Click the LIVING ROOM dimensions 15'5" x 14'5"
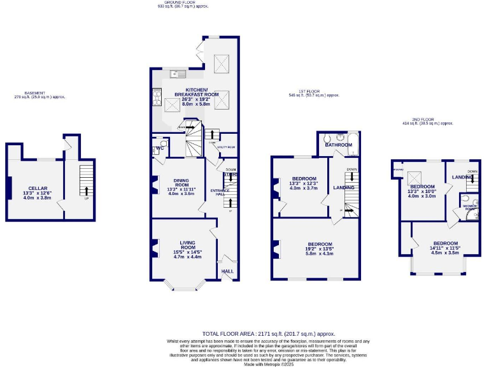(x=188, y=252)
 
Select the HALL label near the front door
(x=227, y=271)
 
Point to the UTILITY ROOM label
(x=226, y=147)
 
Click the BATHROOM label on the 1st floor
(x=338, y=145)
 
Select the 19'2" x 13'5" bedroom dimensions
(x=320, y=250)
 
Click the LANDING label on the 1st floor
(x=343, y=188)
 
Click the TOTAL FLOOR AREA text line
(x=269, y=333)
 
